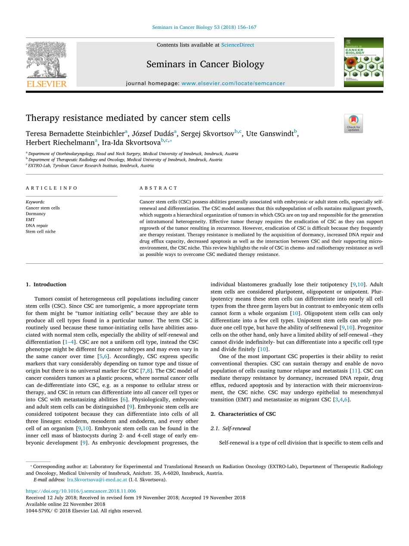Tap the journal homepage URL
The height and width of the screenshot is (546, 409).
pos(233,83)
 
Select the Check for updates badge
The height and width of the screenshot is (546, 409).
pos(353,123)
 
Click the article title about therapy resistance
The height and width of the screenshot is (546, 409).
pos(128,118)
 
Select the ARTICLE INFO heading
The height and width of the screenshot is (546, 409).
pos(52,188)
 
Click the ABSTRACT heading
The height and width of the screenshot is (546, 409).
pos(158,188)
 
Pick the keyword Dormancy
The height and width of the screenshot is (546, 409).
pos(35,214)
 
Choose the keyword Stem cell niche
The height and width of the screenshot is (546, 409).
pos(40,231)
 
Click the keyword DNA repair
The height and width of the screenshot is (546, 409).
pos(37,225)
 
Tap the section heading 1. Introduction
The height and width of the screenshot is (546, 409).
pos(46,284)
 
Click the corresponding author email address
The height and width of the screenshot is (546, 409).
pos(97,479)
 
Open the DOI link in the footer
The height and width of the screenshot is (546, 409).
pos(81,491)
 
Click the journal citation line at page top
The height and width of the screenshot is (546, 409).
pos(204,27)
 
